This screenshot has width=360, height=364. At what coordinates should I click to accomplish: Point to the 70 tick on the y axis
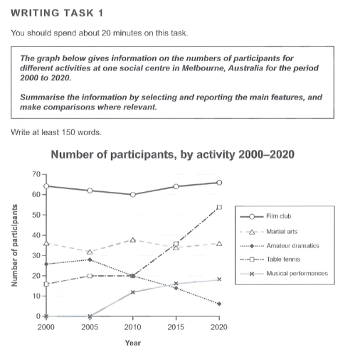(x=37, y=174)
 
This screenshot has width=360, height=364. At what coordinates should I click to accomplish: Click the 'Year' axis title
(x=132, y=343)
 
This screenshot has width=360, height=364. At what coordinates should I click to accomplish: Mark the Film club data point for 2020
(x=219, y=182)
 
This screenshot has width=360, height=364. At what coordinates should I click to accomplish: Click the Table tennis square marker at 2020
(x=219, y=207)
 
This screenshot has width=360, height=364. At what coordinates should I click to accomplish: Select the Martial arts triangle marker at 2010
(x=132, y=240)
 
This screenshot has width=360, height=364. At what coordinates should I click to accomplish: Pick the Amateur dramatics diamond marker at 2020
(x=219, y=304)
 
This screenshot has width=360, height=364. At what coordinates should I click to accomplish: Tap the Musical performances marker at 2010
(x=132, y=291)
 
